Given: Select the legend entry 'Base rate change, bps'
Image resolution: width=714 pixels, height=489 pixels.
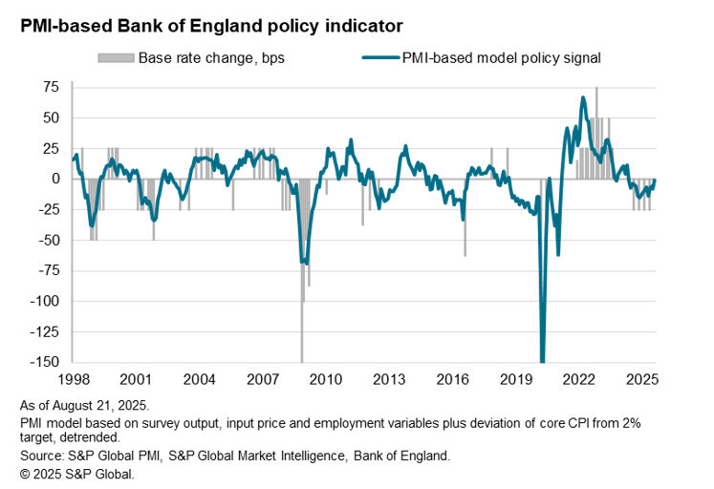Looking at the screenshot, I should tap(211, 58).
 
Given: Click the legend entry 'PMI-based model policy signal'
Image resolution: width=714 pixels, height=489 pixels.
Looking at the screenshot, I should tap(508, 58).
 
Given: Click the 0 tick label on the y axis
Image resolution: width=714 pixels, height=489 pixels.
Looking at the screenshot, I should tap(56, 179).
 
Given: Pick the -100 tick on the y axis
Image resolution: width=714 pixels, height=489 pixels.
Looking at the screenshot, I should tap(46, 301).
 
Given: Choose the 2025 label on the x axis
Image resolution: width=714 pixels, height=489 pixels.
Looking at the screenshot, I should tap(647, 378).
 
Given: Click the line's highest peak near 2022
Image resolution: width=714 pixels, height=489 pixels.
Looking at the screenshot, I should tap(583, 98).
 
